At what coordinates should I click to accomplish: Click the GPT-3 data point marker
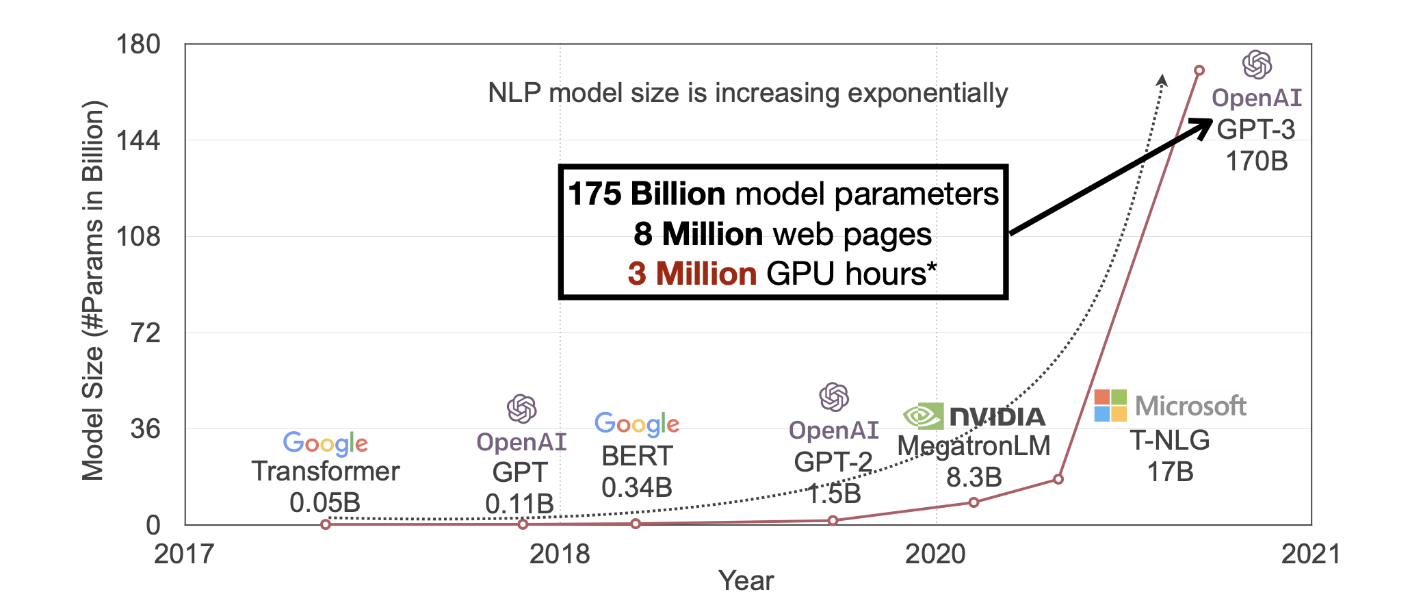pos(1199,70)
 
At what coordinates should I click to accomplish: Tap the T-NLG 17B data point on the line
pos(1058,479)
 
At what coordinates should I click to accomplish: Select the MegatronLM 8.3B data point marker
pos(974,502)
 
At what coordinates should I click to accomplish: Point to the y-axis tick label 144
pos(138,141)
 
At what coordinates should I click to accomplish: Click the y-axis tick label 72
pos(145,333)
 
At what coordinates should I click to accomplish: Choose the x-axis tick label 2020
pos(935,554)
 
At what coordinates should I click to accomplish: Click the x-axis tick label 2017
pos(184,554)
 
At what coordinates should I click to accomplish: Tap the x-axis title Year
pos(746,580)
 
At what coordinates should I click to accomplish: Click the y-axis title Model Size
pos(93,291)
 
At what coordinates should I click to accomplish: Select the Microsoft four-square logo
pos(1110,405)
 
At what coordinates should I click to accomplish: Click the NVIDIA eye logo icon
pos(923,415)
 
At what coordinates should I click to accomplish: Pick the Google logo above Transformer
pos(326,444)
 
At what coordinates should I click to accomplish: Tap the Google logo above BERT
pos(637,424)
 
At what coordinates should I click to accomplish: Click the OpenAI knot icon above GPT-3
pos(1257,65)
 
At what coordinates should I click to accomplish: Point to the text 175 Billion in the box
pos(647,194)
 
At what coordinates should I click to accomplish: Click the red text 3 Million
pos(692,274)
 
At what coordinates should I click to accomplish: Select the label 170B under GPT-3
pos(1256,162)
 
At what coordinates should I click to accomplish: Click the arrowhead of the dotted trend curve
pos(1162,79)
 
